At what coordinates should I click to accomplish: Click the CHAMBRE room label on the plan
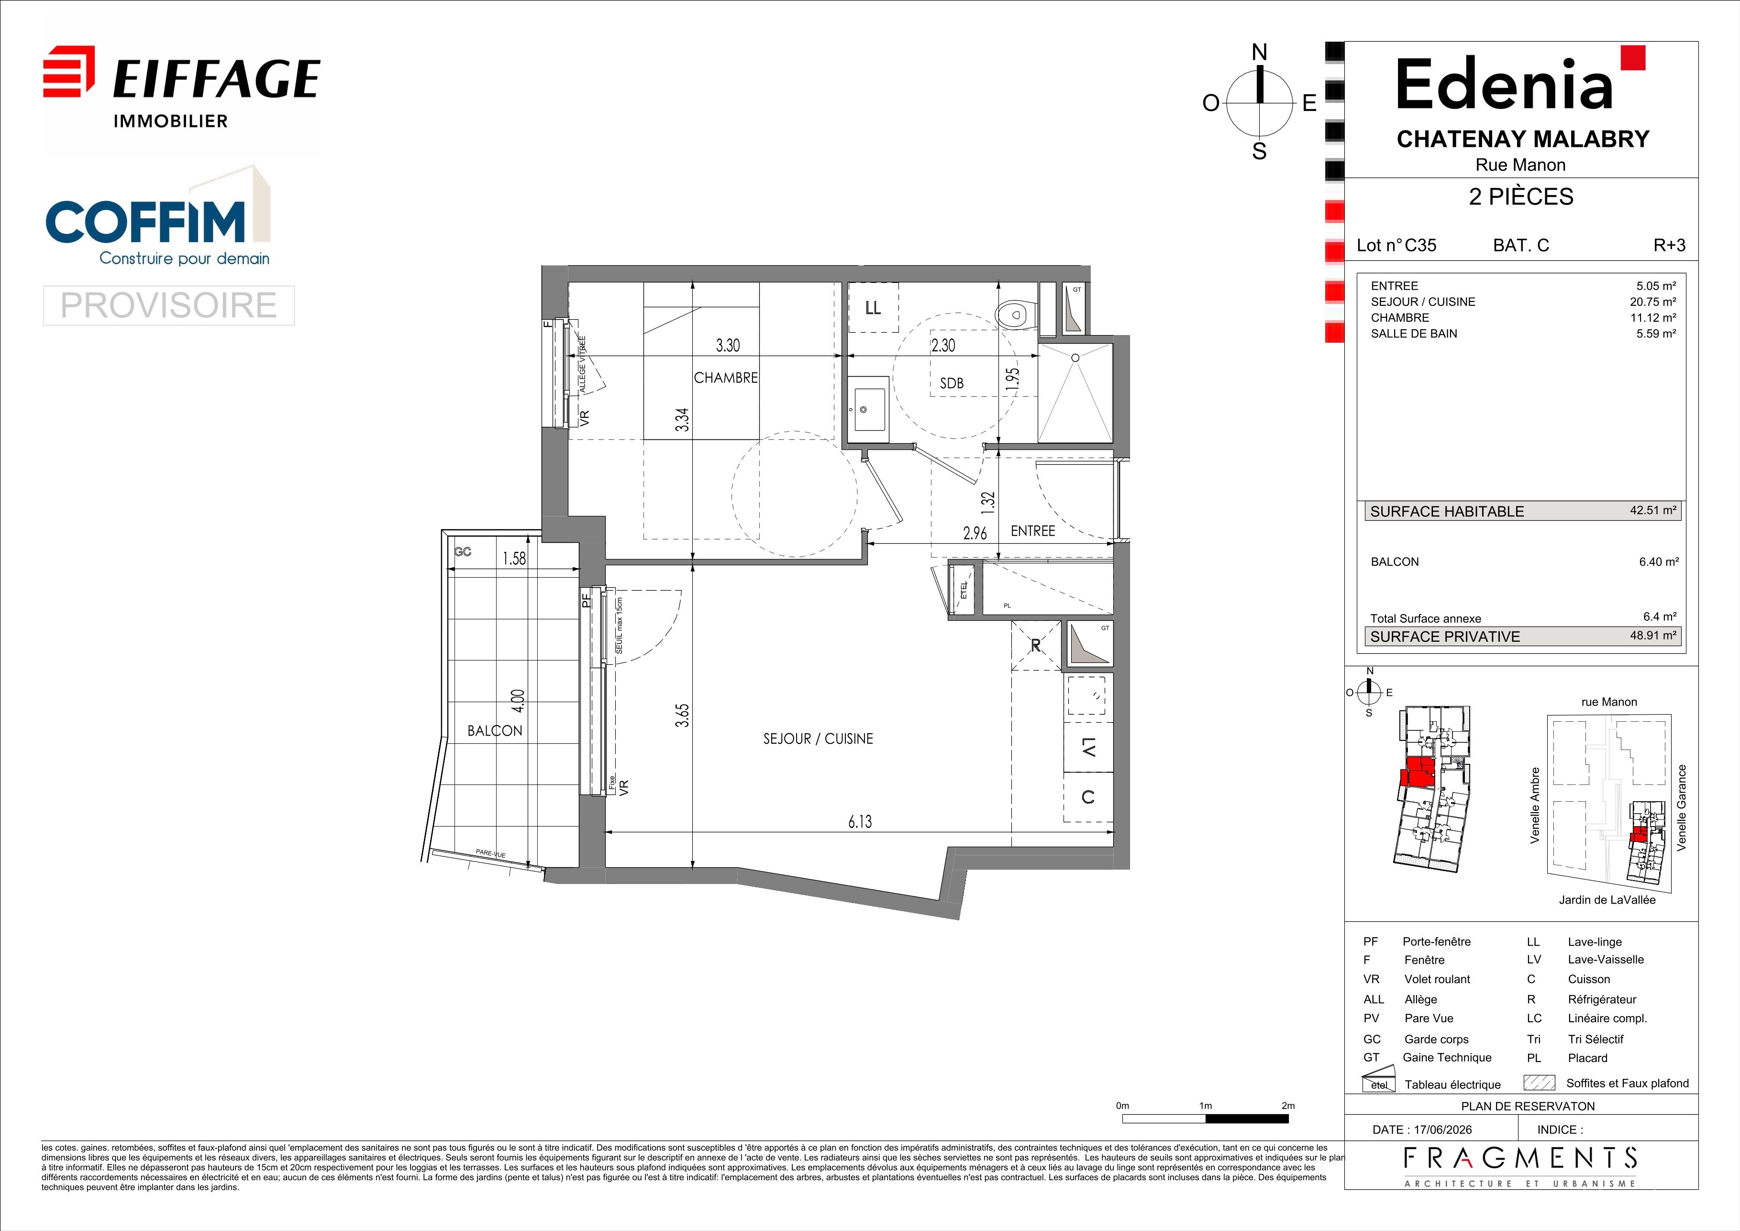pyautogui.click(x=725, y=378)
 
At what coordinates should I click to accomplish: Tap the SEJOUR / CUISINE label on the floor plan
pyautogui.click(x=818, y=739)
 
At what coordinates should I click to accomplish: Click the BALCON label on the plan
pyautogui.click(x=495, y=731)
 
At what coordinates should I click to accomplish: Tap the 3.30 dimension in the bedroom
pyautogui.click(x=728, y=346)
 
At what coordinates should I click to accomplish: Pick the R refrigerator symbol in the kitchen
pyautogui.click(x=1036, y=645)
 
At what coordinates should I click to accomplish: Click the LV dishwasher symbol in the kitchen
pyautogui.click(x=1088, y=748)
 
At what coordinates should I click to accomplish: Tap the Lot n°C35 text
pyautogui.click(x=1396, y=245)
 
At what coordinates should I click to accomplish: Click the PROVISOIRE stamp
pyautogui.click(x=168, y=305)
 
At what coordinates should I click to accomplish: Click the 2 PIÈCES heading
pyautogui.click(x=1521, y=196)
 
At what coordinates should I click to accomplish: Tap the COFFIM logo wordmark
pyautogui.click(x=145, y=221)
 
